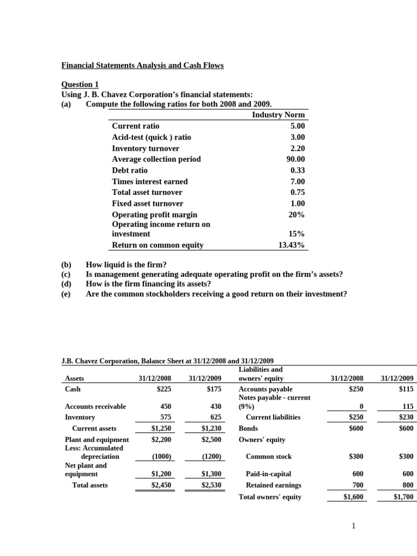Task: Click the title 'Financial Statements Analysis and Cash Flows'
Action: [x=142, y=66]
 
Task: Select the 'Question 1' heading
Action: [x=80, y=84]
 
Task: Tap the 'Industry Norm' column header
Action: [x=279, y=115]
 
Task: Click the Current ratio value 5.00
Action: [x=298, y=126]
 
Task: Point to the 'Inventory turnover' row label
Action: [x=146, y=148]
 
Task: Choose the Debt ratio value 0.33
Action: [x=298, y=170]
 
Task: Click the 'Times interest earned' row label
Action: [x=150, y=181]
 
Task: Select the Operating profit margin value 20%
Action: [x=296, y=214]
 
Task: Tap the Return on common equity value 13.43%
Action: [x=292, y=245]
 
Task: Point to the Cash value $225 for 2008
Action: [x=163, y=389]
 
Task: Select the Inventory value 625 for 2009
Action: [x=214, y=417]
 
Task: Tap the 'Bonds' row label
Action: [x=248, y=428]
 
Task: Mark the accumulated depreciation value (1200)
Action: [x=210, y=457]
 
